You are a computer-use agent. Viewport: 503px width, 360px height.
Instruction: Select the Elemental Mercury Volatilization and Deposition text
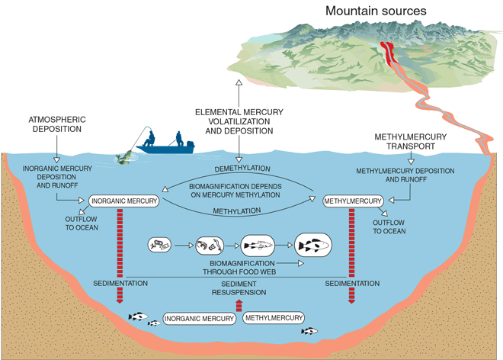click(x=239, y=121)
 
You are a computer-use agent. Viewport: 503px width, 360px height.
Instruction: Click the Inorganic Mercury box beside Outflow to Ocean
click(x=124, y=201)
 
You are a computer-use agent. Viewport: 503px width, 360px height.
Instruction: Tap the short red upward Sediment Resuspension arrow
click(x=239, y=305)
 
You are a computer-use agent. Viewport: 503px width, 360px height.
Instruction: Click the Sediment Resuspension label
click(x=239, y=288)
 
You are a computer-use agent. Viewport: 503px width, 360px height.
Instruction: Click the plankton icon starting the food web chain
click(x=160, y=245)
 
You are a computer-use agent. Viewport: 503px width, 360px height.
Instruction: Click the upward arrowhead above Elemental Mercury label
click(x=239, y=82)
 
